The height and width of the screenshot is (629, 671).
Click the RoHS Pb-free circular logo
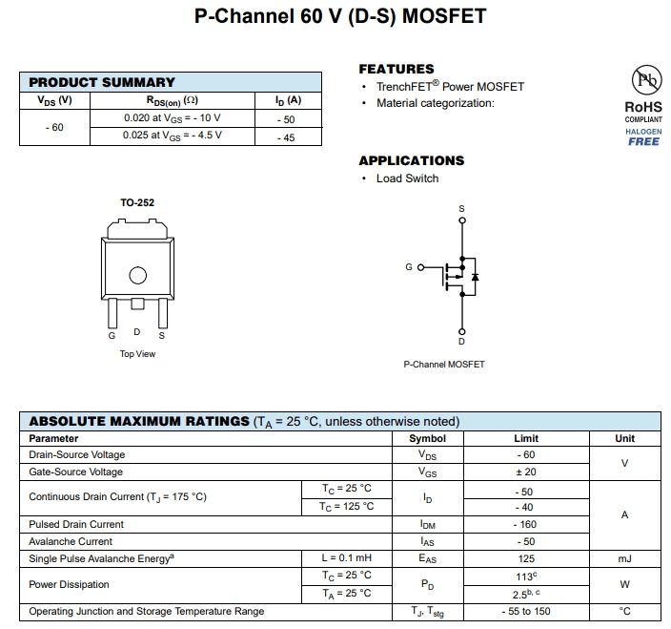[x=642, y=80]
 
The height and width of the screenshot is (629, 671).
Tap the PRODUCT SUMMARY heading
[x=102, y=82]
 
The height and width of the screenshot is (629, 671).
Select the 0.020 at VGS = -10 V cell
[x=173, y=117]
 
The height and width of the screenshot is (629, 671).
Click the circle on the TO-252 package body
[x=138, y=276]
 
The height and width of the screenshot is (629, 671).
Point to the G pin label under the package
[x=112, y=335]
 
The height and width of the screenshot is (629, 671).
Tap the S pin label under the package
[x=161, y=335]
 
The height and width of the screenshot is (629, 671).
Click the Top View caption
[x=137, y=354]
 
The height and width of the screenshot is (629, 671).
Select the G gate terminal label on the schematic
[x=408, y=267]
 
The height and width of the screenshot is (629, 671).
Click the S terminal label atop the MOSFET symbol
[x=462, y=208]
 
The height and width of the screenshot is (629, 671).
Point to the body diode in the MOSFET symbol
[x=475, y=276]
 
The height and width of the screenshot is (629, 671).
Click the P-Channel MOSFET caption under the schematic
[x=444, y=365]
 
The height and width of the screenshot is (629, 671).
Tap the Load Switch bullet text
[x=407, y=178]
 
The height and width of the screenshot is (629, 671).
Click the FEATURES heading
[x=396, y=69]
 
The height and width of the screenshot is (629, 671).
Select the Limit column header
[x=526, y=438]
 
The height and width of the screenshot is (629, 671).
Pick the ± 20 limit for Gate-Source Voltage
[x=526, y=472]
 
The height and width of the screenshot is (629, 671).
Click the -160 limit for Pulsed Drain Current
[x=526, y=524]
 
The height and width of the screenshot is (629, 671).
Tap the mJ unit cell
[x=624, y=558]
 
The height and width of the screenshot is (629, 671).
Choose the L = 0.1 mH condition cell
[x=346, y=558]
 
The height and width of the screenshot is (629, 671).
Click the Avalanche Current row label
[x=70, y=541]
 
